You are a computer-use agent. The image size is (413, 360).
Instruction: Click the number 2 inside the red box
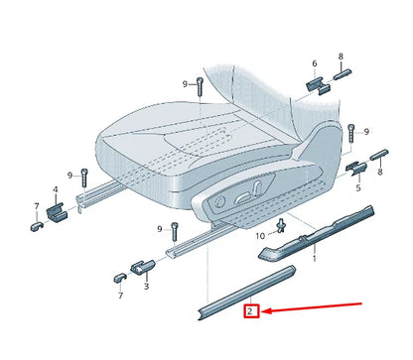pos(252,310)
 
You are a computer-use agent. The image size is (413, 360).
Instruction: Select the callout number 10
pos(260,236)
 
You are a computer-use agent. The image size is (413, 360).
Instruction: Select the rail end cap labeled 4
pos(56,209)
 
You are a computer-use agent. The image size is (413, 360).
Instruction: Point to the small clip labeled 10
pos(281,223)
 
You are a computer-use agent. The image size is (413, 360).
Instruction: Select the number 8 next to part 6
pos(341,58)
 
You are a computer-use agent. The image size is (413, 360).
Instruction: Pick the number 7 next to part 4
pos(36,207)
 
